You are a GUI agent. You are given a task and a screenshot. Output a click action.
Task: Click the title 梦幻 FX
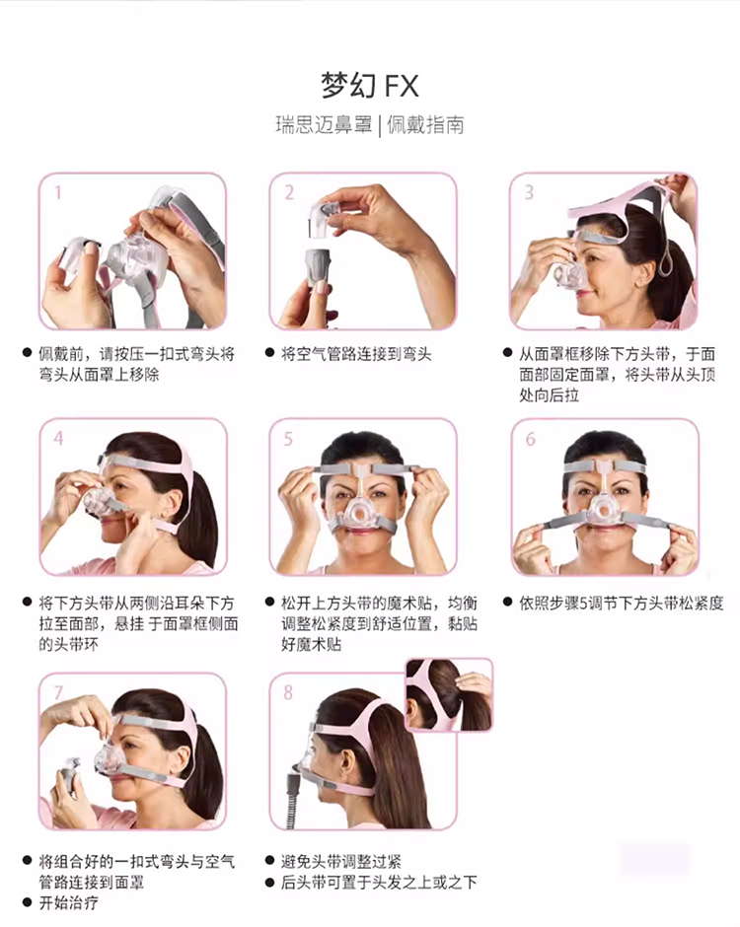click(x=370, y=85)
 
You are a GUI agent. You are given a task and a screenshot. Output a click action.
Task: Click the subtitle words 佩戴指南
click(x=425, y=124)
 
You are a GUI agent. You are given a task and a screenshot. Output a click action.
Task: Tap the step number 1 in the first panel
click(x=58, y=192)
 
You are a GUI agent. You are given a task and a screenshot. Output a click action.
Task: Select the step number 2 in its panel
click(x=289, y=192)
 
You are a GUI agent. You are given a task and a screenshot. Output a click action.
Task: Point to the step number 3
click(x=529, y=192)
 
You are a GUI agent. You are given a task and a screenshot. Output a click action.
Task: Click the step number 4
click(x=58, y=438)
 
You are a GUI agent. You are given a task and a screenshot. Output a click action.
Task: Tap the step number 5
click(x=288, y=439)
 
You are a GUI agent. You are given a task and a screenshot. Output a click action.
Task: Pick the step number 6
click(x=531, y=439)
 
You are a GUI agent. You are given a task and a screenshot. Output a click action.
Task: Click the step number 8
click(x=288, y=692)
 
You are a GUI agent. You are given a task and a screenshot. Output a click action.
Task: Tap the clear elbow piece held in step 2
click(x=324, y=219)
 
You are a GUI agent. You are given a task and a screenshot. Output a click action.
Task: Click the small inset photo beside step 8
click(x=450, y=695)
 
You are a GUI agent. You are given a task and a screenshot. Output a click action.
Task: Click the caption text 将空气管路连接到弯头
click(x=356, y=354)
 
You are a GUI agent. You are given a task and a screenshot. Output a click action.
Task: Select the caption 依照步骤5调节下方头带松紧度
click(x=621, y=603)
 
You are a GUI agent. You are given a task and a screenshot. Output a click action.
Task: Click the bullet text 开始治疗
click(x=69, y=902)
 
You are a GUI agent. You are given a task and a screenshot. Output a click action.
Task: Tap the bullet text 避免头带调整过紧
click(x=341, y=861)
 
